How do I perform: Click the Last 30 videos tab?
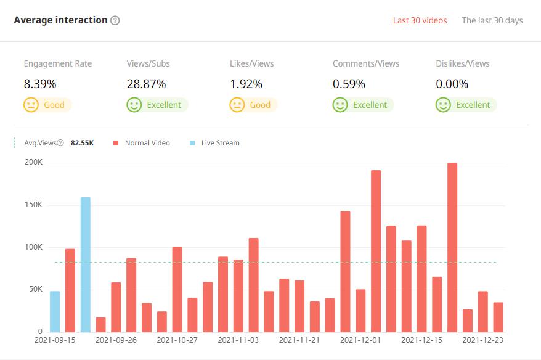coord(420,20)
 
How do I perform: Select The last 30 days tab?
coord(492,20)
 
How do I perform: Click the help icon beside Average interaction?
coord(115,20)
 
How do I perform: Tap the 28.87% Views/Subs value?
coord(146,84)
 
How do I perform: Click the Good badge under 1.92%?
coord(253,105)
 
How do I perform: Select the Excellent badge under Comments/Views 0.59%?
coord(363,105)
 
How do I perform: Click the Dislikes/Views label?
coord(462,63)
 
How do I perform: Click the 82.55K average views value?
coord(82,143)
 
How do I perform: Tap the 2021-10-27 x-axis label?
coord(177,340)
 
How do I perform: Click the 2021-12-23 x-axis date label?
coord(482,340)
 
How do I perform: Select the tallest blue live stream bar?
coord(85,264)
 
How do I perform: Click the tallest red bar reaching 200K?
coord(452,247)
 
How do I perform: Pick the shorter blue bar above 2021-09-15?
coord(55,311)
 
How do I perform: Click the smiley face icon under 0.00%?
coord(443,105)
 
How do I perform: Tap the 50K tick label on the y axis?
coord(34,289)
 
